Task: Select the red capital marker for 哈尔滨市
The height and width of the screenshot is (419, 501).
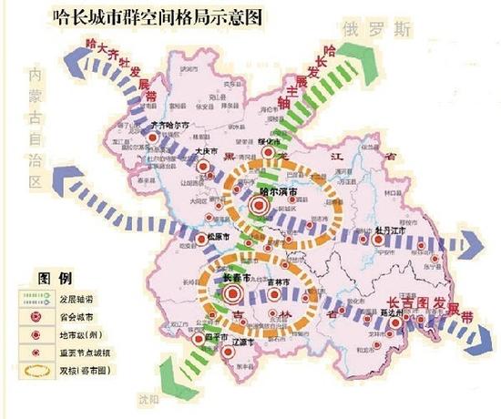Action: click(x=258, y=207)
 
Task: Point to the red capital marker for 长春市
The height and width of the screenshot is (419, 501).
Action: click(x=231, y=293)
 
